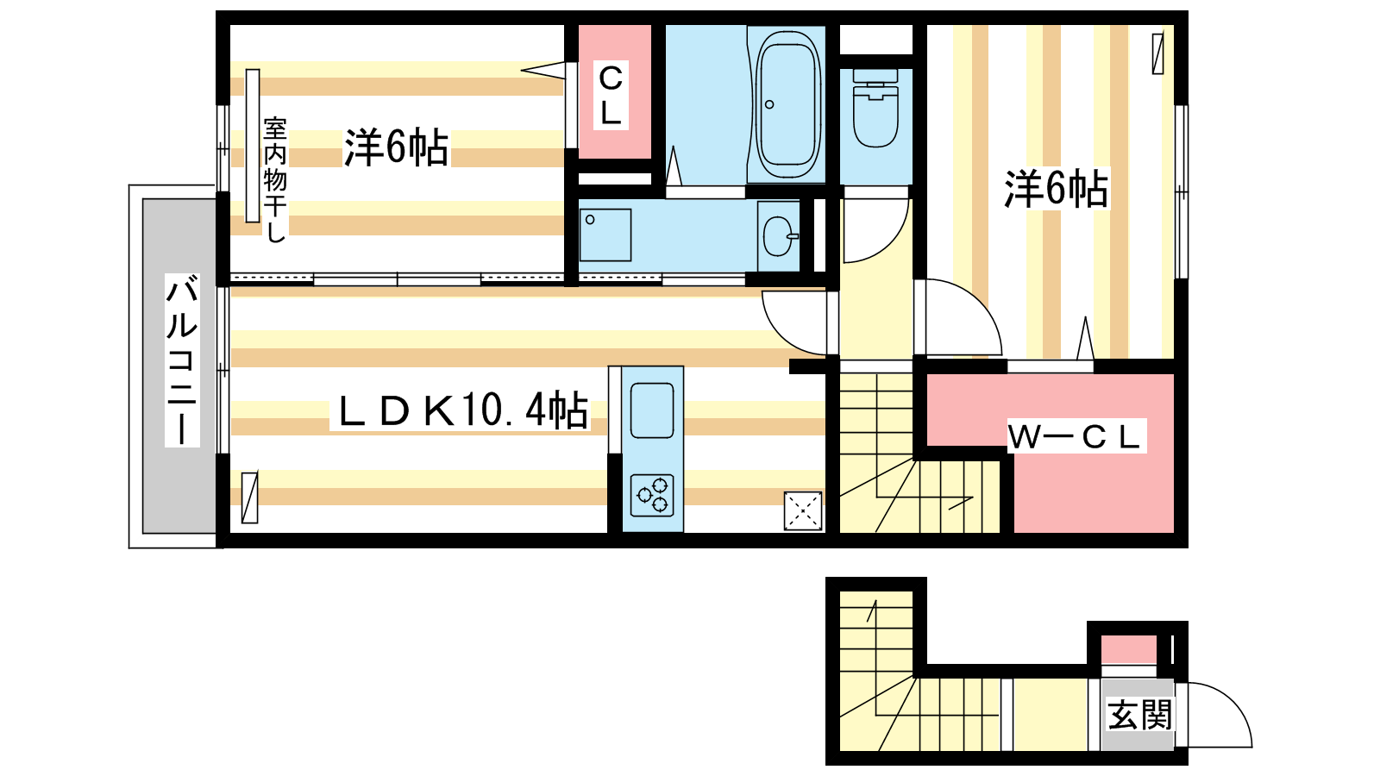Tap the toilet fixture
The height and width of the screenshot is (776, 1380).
coord(875,109)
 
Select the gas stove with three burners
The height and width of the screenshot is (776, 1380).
coord(652,495)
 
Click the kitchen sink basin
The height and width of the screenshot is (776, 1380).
coord(652,410)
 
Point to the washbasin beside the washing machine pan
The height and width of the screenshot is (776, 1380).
coord(779,236)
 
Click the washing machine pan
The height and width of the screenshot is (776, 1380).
coord(605,235)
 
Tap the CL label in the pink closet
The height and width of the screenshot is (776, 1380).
coord(611,95)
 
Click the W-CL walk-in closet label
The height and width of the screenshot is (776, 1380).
coord(1076,436)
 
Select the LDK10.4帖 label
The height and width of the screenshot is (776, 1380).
coord(461,410)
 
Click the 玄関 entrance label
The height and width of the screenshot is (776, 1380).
coord(1139,715)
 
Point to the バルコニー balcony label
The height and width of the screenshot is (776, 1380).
coord(182,360)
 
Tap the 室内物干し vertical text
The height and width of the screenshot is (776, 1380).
coord(275,180)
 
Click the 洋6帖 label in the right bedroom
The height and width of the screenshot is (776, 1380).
coord(1056,188)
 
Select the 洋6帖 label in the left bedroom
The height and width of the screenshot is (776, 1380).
coord(397,147)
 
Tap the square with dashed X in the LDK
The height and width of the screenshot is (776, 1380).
coord(803,510)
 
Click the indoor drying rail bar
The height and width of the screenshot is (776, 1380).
coord(253,146)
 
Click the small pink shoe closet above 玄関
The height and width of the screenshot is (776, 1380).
coord(1129,650)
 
